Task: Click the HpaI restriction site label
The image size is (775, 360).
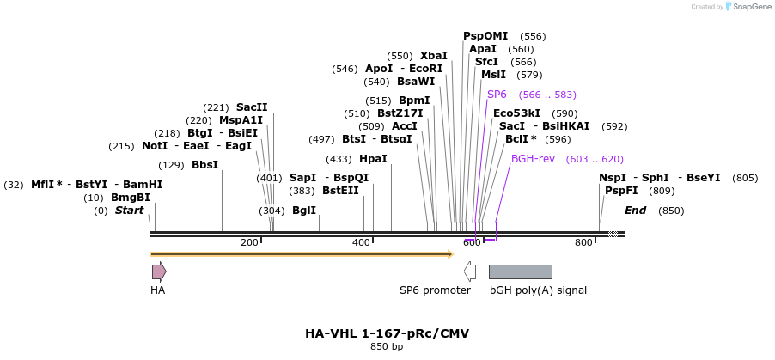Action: tap(373, 159)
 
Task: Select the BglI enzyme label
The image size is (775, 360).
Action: tap(304, 211)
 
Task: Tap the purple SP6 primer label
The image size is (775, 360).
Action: tap(497, 95)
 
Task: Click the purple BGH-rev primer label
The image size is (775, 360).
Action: tap(533, 159)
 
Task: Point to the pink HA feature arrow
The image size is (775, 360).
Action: tap(159, 272)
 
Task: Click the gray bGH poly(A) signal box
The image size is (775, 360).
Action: tap(520, 272)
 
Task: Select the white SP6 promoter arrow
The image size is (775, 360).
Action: tap(470, 272)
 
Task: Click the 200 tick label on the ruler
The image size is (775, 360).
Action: tap(249, 243)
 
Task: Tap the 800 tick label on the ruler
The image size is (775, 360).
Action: tap(583, 243)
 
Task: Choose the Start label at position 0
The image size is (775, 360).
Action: tap(130, 211)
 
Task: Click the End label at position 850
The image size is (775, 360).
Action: tap(636, 211)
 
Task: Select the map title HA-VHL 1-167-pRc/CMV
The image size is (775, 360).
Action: tap(387, 333)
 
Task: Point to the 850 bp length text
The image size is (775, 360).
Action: tap(387, 347)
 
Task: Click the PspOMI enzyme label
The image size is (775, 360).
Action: tap(485, 36)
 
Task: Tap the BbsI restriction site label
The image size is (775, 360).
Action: tap(204, 165)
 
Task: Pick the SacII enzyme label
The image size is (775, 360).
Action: tap(252, 107)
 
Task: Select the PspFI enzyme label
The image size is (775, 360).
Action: tap(621, 191)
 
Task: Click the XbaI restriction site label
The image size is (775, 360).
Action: tap(433, 56)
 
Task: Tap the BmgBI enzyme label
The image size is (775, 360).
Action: tap(131, 198)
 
